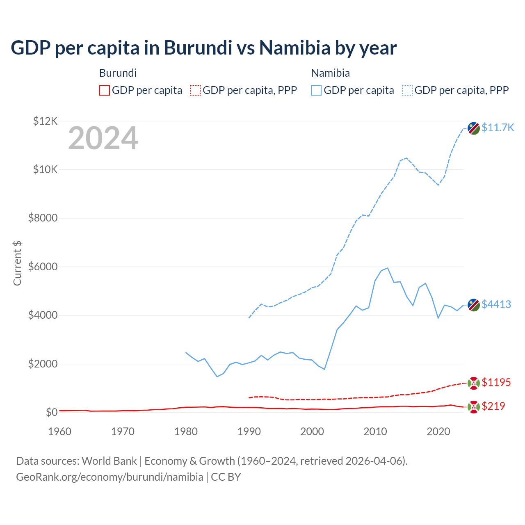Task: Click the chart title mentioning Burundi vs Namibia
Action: [x=203, y=48]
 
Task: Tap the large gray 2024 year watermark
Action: [x=103, y=138]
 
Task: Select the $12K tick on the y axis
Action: [x=45, y=121]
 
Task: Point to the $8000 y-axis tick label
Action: [x=43, y=218]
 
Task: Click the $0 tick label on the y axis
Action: [x=51, y=412]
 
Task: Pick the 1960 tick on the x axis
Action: [x=59, y=431]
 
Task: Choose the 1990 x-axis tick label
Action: [x=249, y=431]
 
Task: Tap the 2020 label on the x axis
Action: [x=438, y=431]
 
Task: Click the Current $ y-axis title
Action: [x=17, y=263]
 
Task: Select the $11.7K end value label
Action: [x=498, y=128]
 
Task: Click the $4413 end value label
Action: [x=496, y=304]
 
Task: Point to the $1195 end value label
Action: [x=496, y=382]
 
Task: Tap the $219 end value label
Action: [x=493, y=406]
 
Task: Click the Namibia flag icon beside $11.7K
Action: [x=474, y=128]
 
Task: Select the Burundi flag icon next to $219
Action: [x=474, y=406]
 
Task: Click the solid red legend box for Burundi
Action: [x=105, y=90]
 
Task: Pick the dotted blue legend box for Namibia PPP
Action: [x=407, y=90]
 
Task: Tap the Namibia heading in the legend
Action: [x=330, y=73]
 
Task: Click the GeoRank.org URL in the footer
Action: [x=110, y=477]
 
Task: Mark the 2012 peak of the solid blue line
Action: [x=388, y=268]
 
